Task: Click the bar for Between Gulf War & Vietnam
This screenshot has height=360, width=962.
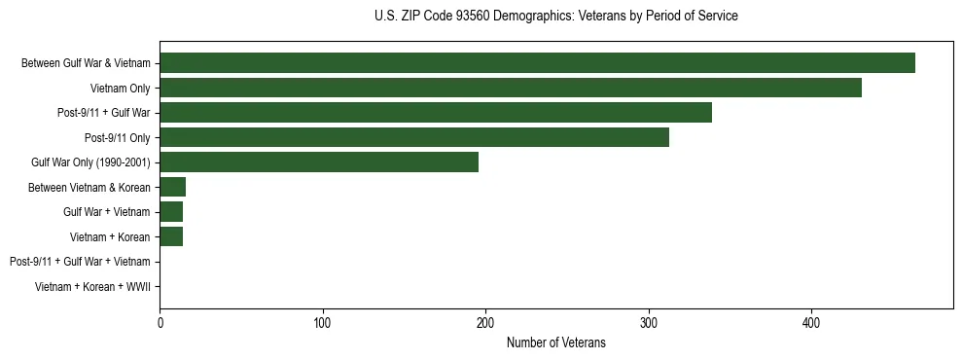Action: tap(537, 63)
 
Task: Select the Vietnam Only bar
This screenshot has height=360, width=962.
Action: tap(511, 88)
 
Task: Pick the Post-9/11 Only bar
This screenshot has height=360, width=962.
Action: tap(414, 137)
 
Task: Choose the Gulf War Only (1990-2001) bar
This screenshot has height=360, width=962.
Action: tap(319, 162)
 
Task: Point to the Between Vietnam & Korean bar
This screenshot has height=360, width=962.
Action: tap(172, 187)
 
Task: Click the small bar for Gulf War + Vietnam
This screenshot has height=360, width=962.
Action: tap(171, 212)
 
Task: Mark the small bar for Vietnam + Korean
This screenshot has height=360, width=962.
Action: tap(171, 236)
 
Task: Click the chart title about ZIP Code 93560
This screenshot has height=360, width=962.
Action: tap(555, 17)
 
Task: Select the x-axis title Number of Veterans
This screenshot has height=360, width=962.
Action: tap(555, 342)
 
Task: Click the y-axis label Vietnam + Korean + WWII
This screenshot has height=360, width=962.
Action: tap(92, 287)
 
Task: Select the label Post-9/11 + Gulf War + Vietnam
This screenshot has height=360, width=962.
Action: tap(80, 262)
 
